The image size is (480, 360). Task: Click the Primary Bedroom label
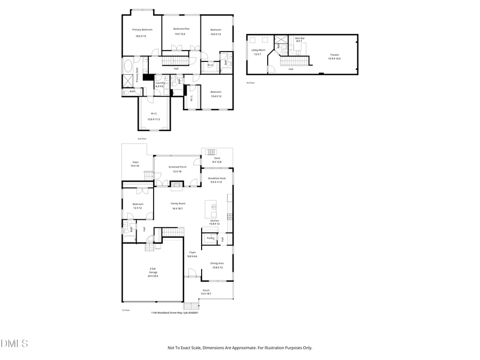142,30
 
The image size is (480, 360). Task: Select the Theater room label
334,55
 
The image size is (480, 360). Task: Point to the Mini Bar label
300,38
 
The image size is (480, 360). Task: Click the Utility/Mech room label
258,50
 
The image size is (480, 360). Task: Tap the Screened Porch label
177,167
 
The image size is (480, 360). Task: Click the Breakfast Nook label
215,178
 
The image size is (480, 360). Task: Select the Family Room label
178,204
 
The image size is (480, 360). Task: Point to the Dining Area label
217,263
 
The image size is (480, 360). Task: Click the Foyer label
192,252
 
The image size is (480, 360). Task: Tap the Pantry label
210,238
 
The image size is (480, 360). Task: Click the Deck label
217,158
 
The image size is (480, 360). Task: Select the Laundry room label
159,83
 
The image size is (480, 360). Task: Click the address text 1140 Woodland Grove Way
167,313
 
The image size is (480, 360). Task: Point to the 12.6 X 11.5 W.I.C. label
154,116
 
